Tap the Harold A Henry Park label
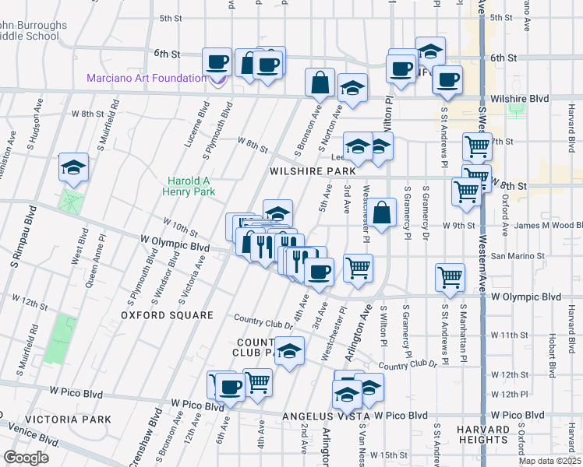tap(188, 184)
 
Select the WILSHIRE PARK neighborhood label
tap(313, 170)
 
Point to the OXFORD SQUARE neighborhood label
tap(167, 315)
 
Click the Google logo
tap(26, 458)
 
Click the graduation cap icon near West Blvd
tap(73, 167)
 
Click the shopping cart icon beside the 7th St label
tap(476, 146)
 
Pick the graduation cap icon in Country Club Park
tap(289, 350)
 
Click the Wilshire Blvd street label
tap(520, 99)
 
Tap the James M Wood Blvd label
tap(549, 226)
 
